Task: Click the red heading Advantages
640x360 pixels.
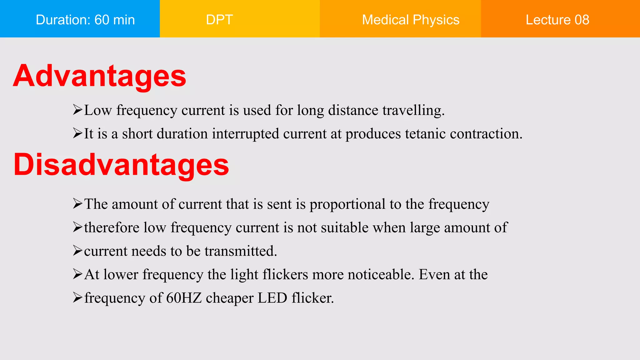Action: pyautogui.click(x=99, y=76)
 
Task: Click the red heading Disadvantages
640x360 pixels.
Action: pyautogui.click(x=121, y=165)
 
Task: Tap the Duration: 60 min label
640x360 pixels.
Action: pyautogui.click(x=85, y=20)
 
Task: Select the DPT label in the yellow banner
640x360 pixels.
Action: pyautogui.click(x=219, y=20)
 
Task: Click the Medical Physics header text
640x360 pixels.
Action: pyautogui.click(x=411, y=20)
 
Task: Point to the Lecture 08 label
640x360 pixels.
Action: pyautogui.click(x=557, y=20)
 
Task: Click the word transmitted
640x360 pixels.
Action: pyautogui.click(x=241, y=251)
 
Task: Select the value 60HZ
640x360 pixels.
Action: pyautogui.click(x=184, y=298)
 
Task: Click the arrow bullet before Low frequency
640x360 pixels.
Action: pyautogui.click(x=77, y=110)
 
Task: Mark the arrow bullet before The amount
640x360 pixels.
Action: pyautogui.click(x=77, y=204)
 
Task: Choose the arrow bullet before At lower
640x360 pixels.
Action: pyautogui.click(x=77, y=274)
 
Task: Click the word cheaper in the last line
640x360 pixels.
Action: pyautogui.click(x=229, y=298)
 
